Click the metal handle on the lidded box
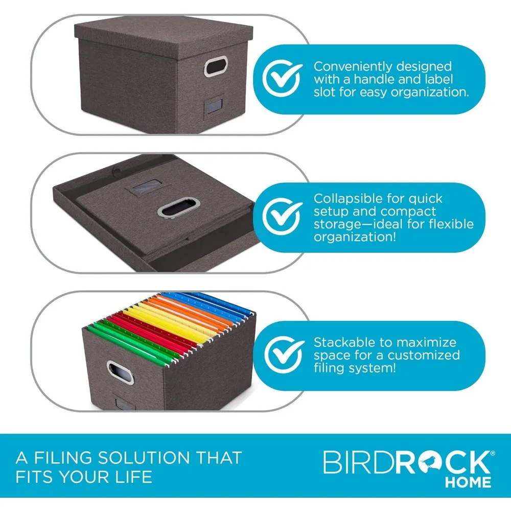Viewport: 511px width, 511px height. pos(214,67)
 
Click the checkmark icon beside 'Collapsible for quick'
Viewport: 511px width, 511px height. pos(282,217)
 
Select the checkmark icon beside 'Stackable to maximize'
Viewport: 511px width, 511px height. pos(282,355)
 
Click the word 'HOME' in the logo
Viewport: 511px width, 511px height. pos(468,482)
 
